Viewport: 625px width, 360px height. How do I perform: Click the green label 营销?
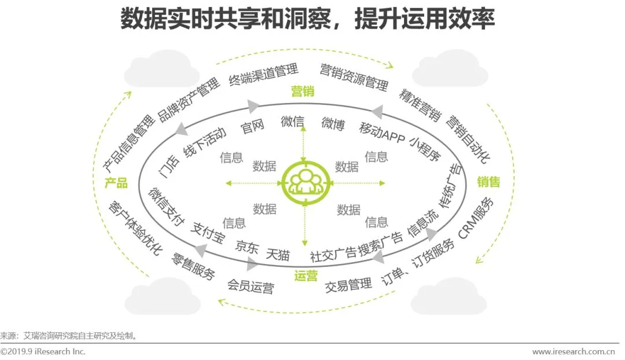pyautogui.click(x=304, y=91)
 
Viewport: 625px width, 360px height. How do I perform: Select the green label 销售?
pyautogui.click(x=488, y=182)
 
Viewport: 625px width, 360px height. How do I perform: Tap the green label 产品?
pyautogui.click(x=116, y=183)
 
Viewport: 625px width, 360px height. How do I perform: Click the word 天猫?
pyautogui.click(x=278, y=254)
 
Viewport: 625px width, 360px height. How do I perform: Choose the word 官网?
pyautogui.click(x=252, y=127)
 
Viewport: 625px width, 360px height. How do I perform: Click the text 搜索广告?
pyautogui.click(x=380, y=247)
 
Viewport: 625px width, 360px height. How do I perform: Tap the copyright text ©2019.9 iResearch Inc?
pyautogui.click(x=43, y=351)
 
